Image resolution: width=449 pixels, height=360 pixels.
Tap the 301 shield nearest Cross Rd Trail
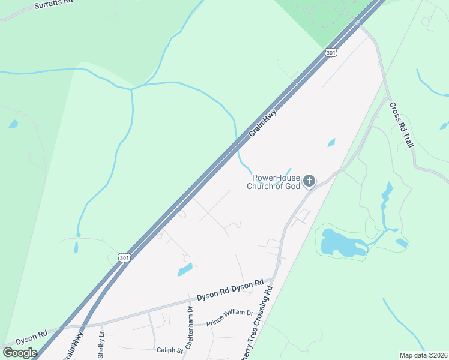pyautogui.click(x=332, y=53)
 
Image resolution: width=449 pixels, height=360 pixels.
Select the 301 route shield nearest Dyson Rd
pyautogui.click(x=124, y=257)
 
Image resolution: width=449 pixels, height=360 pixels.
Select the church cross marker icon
pyautogui.click(x=309, y=181)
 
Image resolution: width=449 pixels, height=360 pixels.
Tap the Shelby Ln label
pyautogui.click(x=101, y=343)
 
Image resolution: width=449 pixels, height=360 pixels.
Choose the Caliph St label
pyautogui.click(x=169, y=350)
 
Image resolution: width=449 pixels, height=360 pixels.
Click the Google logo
pyautogui.click(x=20, y=352)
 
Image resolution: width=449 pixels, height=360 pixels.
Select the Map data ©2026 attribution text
pyautogui.click(x=423, y=355)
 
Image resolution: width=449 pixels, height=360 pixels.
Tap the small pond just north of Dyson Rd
pyautogui.click(x=185, y=269)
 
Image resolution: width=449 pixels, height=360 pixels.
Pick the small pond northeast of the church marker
pyautogui.click(x=331, y=143)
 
